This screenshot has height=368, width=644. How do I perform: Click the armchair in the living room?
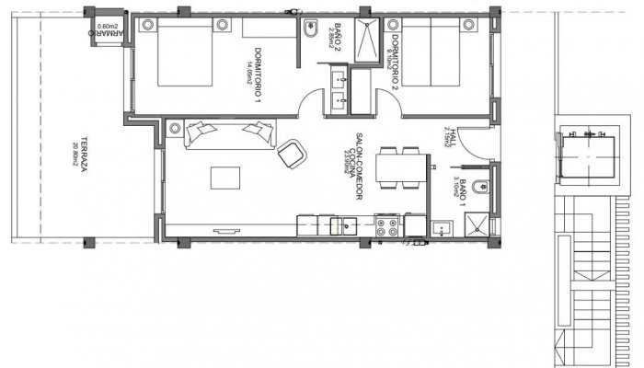(x=293, y=153)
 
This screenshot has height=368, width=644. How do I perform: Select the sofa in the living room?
(x=229, y=133)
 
